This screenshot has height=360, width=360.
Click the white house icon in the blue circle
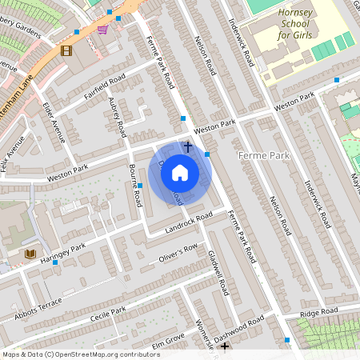180,172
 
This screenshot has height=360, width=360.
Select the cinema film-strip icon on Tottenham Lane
66,50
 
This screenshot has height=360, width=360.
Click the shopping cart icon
102,30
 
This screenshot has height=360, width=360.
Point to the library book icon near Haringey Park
31,254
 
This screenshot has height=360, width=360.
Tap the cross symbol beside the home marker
188,146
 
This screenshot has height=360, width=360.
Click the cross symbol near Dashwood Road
225,346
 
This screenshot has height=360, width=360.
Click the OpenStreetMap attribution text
80,354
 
